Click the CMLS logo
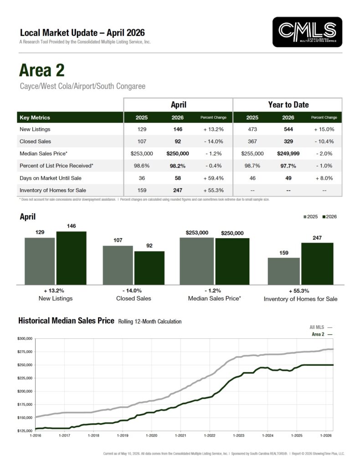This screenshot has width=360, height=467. click(307, 32)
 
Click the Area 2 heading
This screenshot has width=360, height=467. click(41, 70)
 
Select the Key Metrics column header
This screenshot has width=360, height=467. click(35, 118)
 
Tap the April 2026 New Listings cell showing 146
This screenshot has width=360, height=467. click(178, 129)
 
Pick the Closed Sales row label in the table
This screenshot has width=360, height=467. click(35, 141)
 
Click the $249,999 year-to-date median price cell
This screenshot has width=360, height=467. click(288, 154)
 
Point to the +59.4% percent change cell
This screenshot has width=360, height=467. click(214, 178)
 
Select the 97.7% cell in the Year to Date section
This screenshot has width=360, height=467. click(288, 166)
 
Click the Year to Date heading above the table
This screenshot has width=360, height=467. click(288, 104)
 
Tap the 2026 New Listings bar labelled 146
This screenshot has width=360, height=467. click(72, 258)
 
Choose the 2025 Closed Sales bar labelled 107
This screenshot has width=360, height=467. click(118, 265)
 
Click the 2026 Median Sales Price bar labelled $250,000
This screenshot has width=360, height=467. click(232, 261)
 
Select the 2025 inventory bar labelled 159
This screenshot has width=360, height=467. click(284, 271)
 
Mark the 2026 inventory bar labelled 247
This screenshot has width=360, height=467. click(317, 264)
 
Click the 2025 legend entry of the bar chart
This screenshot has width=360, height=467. click(311, 217)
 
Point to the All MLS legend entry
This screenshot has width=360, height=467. click(321, 327)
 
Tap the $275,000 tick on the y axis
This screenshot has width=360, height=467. click(25, 352)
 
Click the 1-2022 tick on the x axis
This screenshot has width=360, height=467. click(210, 436)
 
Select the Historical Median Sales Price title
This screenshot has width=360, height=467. click(67, 321)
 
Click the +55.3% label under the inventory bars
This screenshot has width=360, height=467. click(299, 291)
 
